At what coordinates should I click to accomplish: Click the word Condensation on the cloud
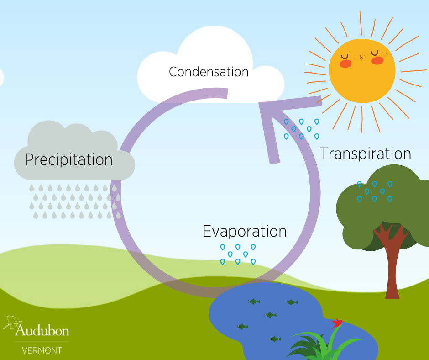209,72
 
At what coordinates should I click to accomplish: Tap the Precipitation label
68,159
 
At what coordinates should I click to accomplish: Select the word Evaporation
245,231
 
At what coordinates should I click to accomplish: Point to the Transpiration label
366,154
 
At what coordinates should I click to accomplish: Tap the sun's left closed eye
345,57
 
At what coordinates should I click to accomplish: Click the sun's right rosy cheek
377,61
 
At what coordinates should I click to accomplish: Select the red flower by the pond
338,323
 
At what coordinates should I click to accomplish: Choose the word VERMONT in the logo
42,351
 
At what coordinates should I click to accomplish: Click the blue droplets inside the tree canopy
375,191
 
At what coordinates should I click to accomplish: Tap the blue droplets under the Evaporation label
238,254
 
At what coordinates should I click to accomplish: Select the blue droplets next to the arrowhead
301,129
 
